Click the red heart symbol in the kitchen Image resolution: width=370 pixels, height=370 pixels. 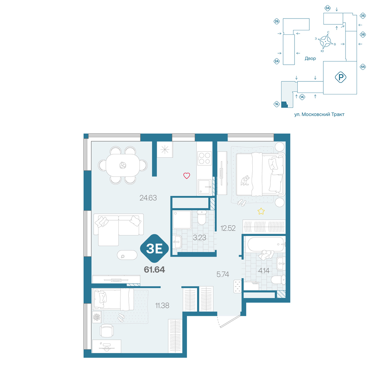pos(186,175)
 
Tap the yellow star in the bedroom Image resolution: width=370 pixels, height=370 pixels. pos(261,211)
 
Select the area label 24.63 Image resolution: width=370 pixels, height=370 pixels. pos(148,198)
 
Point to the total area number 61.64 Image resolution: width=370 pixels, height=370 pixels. pos(154,269)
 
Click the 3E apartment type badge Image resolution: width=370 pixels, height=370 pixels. pos(154,248)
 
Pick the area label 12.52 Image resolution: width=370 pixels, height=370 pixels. pos(228,228)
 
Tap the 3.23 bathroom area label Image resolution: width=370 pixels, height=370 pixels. pos(199,238)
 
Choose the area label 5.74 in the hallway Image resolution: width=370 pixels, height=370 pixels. pos(223,274)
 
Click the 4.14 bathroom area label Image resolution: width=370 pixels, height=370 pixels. pos(263,271)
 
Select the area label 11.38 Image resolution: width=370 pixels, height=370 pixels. pos(162,306)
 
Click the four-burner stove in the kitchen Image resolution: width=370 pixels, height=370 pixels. pos(204,158)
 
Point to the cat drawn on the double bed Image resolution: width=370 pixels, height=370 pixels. pos(245,181)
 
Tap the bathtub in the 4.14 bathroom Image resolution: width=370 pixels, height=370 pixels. pos(265,244)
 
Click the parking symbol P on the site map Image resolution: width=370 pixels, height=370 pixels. pos(340,77)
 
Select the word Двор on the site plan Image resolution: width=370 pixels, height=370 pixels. pos(310,58)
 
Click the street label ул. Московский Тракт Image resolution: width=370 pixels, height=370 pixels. pos(319,114)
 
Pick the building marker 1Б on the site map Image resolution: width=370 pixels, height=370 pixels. pos(276,104)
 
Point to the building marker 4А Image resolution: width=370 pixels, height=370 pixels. pos(363,67)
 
